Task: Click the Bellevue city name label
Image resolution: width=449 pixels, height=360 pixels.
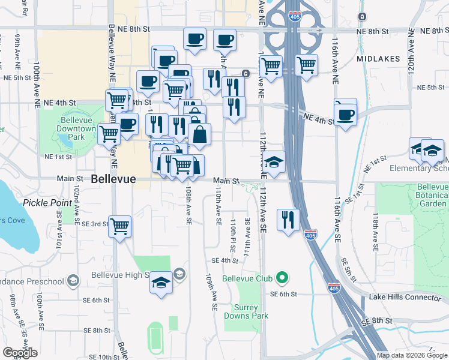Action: [114, 179]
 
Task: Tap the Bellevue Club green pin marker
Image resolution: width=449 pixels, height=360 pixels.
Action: [281, 278]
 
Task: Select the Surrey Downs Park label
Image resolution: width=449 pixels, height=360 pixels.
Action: [246, 311]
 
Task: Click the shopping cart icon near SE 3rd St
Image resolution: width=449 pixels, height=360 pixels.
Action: [119, 226]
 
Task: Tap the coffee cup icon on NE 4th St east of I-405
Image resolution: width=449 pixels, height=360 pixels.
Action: [346, 114]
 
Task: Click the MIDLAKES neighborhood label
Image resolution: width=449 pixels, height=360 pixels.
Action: [378, 59]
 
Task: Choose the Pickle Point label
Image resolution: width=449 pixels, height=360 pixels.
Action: [47, 203]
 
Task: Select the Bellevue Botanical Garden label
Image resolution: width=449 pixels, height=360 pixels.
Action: [432, 196]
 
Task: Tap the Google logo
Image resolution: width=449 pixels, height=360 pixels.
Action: [20, 353]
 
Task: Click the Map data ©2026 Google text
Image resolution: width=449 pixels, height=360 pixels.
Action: [411, 355]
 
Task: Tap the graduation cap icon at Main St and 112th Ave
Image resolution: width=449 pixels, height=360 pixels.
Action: [274, 162]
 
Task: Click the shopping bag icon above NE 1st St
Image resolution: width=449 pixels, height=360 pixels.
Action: [200, 134]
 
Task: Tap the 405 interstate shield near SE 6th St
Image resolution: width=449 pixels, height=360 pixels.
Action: [333, 289]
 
